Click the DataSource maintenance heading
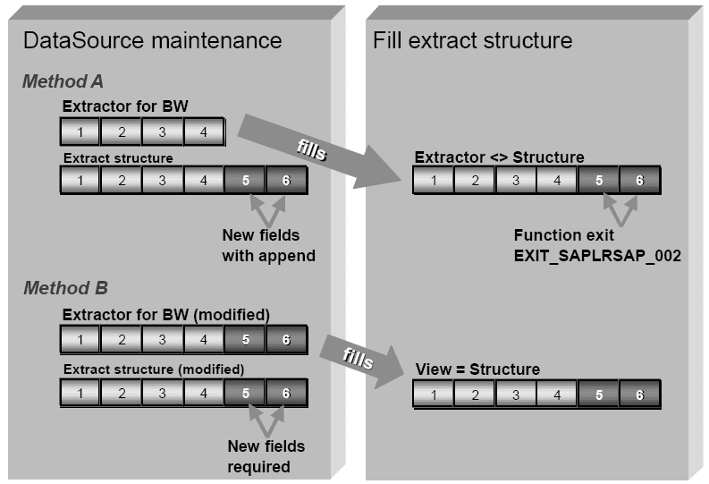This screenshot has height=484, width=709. click(152, 40)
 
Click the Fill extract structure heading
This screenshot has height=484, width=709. click(472, 40)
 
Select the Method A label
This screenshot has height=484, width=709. click(63, 81)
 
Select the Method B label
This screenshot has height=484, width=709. click(65, 288)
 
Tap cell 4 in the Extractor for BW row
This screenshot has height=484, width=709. click(204, 132)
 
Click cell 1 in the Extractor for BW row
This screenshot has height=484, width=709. click(80, 132)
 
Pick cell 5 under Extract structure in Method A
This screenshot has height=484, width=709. click(245, 180)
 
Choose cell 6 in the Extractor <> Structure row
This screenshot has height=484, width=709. click(640, 180)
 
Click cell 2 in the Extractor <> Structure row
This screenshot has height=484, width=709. click(475, 180)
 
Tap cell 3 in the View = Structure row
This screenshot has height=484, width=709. click(516, 395)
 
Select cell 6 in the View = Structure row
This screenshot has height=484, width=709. click(640, 395)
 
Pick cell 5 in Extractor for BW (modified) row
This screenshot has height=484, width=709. click(245, 339)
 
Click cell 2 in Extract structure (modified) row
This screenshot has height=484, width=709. click(122, 393)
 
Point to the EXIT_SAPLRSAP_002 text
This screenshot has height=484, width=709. click(597, 256)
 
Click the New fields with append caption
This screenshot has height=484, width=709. click(268, 245)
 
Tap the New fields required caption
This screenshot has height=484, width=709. click(266, 456)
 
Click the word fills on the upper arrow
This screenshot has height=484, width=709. click(311, 149)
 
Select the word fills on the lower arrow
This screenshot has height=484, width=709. click(358, 358)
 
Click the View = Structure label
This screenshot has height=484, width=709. click(477, 369)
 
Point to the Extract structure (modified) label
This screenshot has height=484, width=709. click(154, 369)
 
